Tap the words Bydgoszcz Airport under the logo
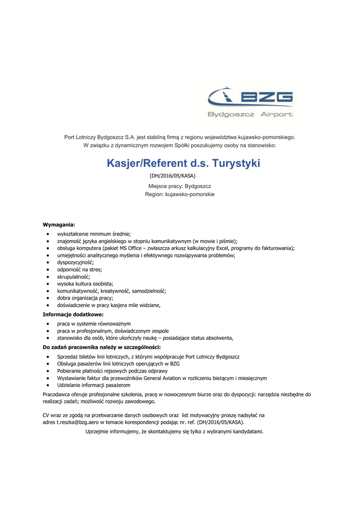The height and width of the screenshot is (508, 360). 250,115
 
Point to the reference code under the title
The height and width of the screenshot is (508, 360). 173,176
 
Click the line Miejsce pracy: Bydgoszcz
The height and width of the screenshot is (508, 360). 180,186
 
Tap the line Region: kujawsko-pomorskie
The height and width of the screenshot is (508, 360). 180,194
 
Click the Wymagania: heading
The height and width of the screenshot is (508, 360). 59,225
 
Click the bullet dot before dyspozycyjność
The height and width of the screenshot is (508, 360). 47,262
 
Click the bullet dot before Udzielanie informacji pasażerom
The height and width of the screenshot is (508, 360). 47,385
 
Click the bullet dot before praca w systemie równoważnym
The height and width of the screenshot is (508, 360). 47,323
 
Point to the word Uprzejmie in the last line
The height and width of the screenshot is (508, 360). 97,432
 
